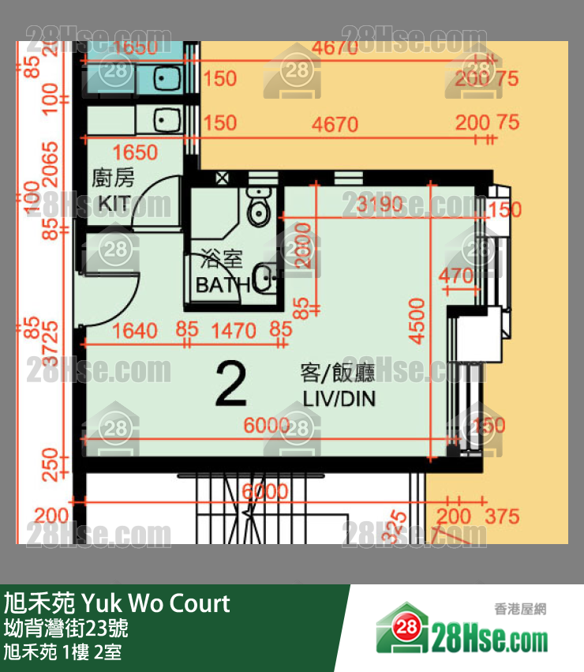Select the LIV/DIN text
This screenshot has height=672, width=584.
point(339,399)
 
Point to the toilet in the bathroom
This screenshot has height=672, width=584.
point(258,206)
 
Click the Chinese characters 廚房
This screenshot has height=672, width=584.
point(114,178)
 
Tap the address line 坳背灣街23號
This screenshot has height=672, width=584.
point(66,629)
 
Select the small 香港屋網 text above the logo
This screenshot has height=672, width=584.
point(520,609)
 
